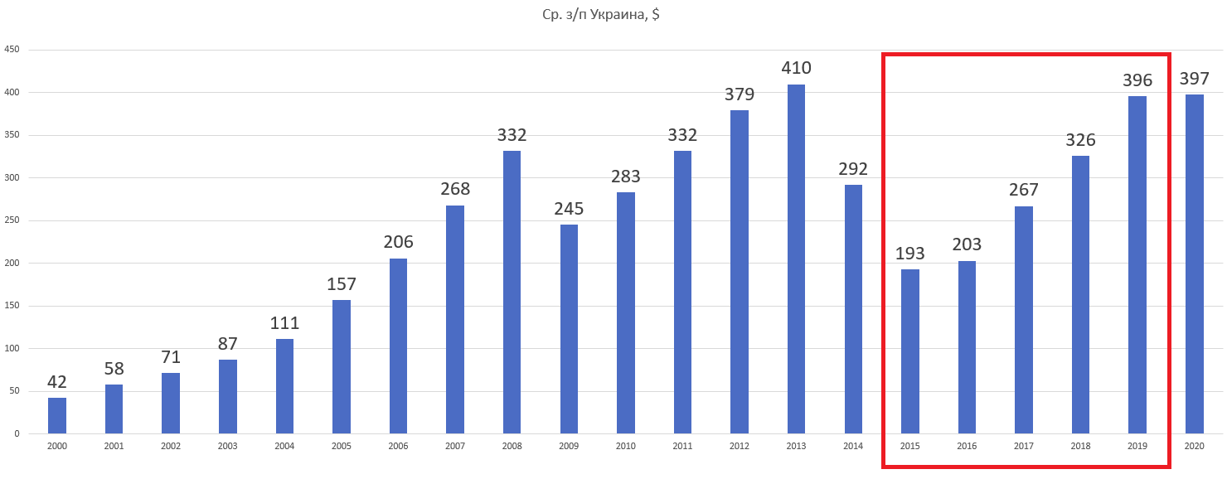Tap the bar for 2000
click(57, 415)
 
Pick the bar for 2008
click(512, 292)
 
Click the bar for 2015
click(910, 351)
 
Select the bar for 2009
click(569, 329)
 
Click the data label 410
click(796, 68)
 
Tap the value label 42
click(57, 382)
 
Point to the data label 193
click(910, 253)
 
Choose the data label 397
click(1195, 79)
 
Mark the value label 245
click(569, 208)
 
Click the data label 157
click(342, 283)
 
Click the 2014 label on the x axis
click(853, 446)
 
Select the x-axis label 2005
click(342, 446)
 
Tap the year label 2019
click(1137, 446)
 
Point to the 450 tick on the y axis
click(12, 50)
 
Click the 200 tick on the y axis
click(12, 264)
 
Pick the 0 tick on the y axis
click(17, 433)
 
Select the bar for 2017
click(1024, 320)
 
